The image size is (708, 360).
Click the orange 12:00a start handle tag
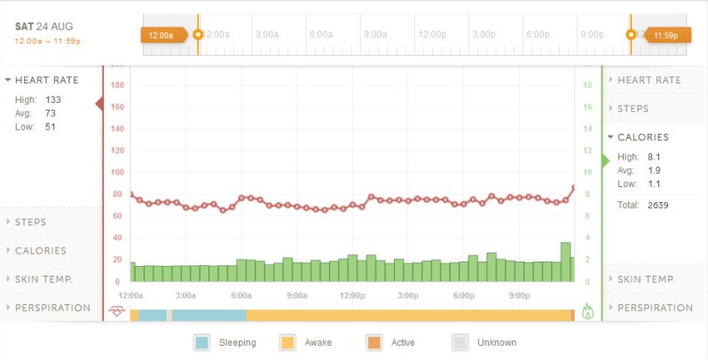click(x=162, y=35)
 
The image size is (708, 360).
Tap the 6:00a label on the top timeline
click(x=321, y=35)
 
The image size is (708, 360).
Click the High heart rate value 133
click(x=53, y=99)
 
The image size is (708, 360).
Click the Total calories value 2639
click(x=657, y=205)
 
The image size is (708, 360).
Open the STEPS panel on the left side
click(x=30, y=222)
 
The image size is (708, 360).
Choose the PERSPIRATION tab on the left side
click(x=52, y=308)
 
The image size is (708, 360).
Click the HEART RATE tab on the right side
click(x=649, y=80)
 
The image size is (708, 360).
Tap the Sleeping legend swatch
click(x=203, y=342)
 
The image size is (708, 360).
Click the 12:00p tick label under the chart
click(x=352, y=295)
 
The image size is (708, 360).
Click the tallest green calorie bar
click(x=565, y=262)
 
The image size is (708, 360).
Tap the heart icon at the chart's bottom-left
click(x=116, y=311)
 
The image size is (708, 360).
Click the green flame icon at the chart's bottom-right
click(x=587, y=311)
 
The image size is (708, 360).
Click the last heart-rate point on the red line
click(x=574, y=188)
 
